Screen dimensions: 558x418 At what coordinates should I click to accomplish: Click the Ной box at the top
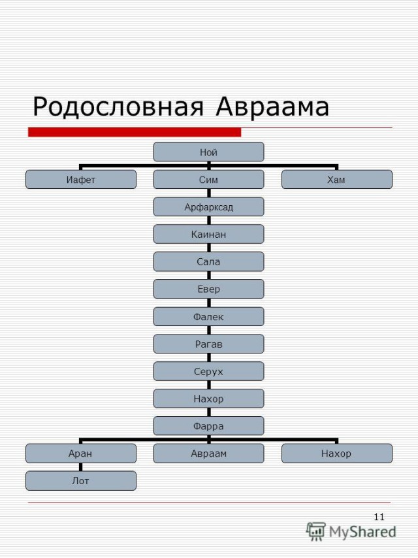point(209,152)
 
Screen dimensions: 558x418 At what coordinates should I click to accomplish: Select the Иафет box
point(81,180)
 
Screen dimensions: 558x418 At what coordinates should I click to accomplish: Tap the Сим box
point(209,180)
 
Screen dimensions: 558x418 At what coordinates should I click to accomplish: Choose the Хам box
point(336,180)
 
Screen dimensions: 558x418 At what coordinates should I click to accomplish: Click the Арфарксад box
point(209,207)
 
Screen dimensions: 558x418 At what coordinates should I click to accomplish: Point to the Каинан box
point(209,234)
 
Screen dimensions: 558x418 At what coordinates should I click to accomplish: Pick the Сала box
point(209,261)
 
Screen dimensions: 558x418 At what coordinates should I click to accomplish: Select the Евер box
point(209,289)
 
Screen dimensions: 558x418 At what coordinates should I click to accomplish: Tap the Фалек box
point(209,316)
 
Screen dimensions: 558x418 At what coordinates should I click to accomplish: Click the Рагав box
point(209,344)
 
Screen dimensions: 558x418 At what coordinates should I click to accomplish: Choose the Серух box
point(209,371)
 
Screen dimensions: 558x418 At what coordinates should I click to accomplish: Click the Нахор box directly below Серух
point(209,399)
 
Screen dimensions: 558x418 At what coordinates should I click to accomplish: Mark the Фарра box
point(209,426)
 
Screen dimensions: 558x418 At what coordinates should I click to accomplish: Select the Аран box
point(81,453)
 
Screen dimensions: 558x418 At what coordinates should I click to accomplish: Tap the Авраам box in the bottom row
point(209,453)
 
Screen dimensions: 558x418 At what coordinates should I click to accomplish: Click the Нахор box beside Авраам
point(336,453)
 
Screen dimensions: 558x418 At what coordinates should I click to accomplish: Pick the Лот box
point(81,481)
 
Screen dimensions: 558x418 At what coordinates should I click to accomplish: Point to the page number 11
point(379,517)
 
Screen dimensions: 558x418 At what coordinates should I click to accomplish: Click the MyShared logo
point(352,531)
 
